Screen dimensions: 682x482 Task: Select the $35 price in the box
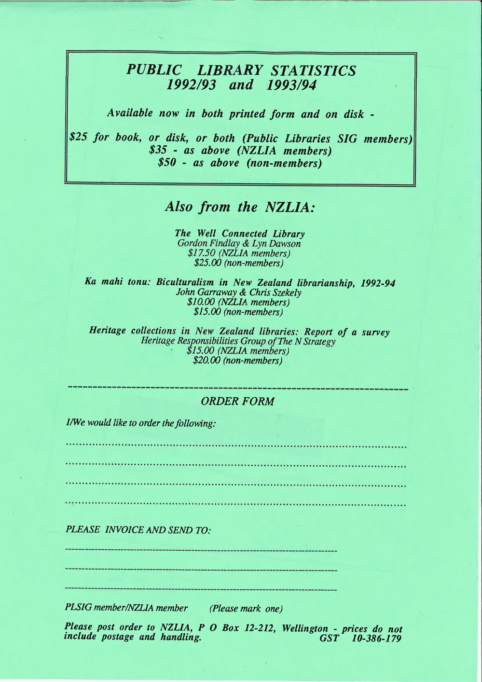click(158, 151)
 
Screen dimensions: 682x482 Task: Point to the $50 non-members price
click(166, 163)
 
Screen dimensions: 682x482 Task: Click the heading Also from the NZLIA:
click(240, 207)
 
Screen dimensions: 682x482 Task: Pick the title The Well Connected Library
click(240, 234)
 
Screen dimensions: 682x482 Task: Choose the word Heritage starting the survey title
click(109, 331)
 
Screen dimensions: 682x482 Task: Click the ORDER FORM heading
click(237, 401)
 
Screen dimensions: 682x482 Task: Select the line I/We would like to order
click(140, 423)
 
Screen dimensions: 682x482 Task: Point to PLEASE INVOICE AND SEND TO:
click(138, 529)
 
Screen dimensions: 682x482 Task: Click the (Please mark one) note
click(246, 609)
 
